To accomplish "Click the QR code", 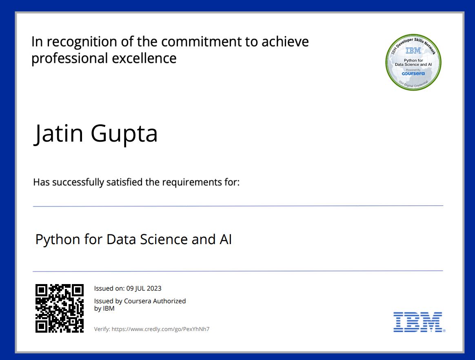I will click(60, 308).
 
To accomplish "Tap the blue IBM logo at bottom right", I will click(418, 322).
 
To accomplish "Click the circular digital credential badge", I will click(413, 62).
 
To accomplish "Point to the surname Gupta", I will click(124, 134).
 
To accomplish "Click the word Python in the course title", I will click(58, 239).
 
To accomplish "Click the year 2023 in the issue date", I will click(154, 289).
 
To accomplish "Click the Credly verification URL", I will click(160, 329).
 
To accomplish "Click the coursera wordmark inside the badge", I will click(413, 73).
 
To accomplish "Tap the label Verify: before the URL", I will click(102, 329).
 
